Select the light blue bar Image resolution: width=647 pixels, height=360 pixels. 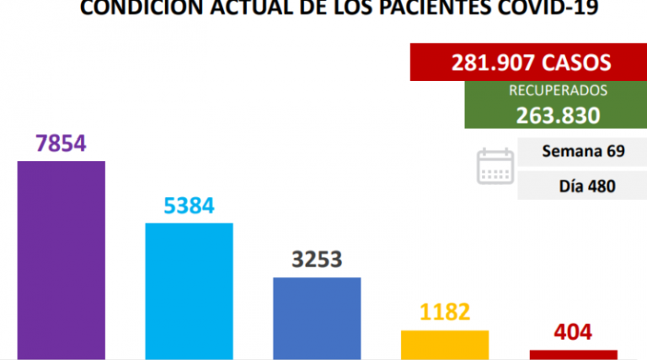(190, 291)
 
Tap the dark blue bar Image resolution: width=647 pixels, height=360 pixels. (317, 318)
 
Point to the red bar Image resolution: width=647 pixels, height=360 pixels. (573, 354)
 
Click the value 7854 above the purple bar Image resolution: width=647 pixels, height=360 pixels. (61, 143)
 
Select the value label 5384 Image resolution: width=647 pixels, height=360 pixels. (190, 206)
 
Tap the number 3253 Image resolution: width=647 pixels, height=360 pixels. (317, 260)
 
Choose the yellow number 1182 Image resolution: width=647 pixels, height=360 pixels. (445, 313)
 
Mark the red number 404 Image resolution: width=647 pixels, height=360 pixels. (573, 331)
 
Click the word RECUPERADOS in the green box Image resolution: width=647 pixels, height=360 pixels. (546, 90)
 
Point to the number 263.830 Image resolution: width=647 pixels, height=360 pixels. (547, 115)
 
